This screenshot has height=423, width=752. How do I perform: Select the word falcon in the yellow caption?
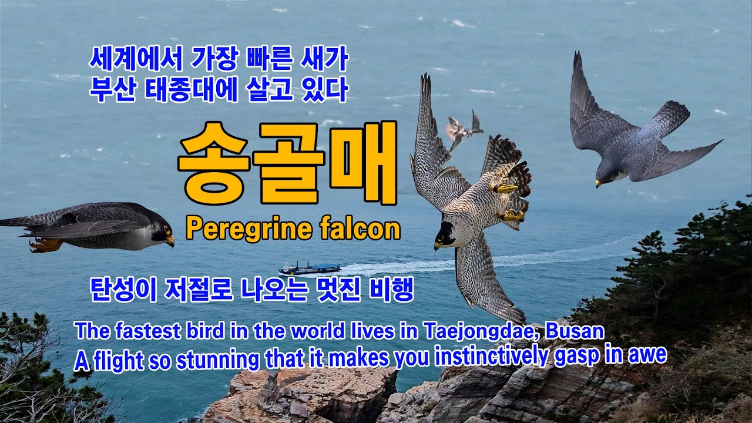pos(360,229)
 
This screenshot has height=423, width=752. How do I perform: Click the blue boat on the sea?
pos(310,269)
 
